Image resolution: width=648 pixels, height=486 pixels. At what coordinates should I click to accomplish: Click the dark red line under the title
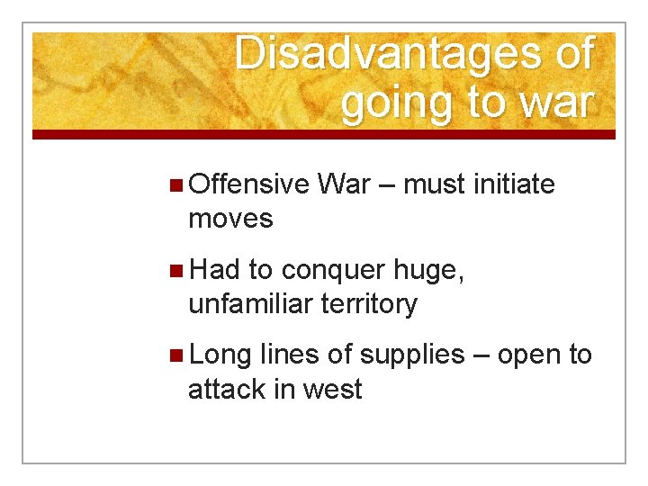[x=324, y=135]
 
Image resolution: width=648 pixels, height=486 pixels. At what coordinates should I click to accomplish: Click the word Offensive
[x=249, y=184]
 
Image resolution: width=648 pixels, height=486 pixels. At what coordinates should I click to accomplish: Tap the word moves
[x=230, y=218]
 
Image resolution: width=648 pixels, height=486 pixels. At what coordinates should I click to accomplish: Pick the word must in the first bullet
[x=434, y=184]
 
